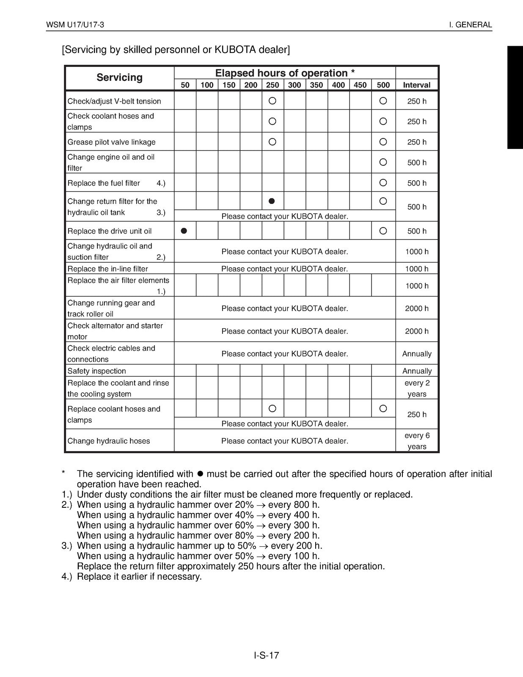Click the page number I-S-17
(x=267, y=655)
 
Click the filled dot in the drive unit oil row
(x=184, y=231)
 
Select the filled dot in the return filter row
(x=272, y=201)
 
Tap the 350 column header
(x=316, y=85)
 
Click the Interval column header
(x=416, y=85)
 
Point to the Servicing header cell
(x=119, y=77)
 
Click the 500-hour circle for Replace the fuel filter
(x=383, y=183)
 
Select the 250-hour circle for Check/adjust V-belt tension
(x=273, y=101)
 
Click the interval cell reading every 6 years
(x=417, y=441)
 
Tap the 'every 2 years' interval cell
(x=417, y=388)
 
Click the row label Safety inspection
(x=97, y=371)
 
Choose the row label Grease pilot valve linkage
(x=111, y=142)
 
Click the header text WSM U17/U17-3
(x=75, y=25)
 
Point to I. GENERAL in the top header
(x=471, y=25)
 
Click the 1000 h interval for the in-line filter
(x=417, y=269)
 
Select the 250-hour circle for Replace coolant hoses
(x=273, y=408)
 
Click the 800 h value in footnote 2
(x=304, y=505)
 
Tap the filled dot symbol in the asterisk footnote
(x=201, y=474)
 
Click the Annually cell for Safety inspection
(x=417, y=371)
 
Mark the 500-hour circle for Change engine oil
(x=383, y=162)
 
